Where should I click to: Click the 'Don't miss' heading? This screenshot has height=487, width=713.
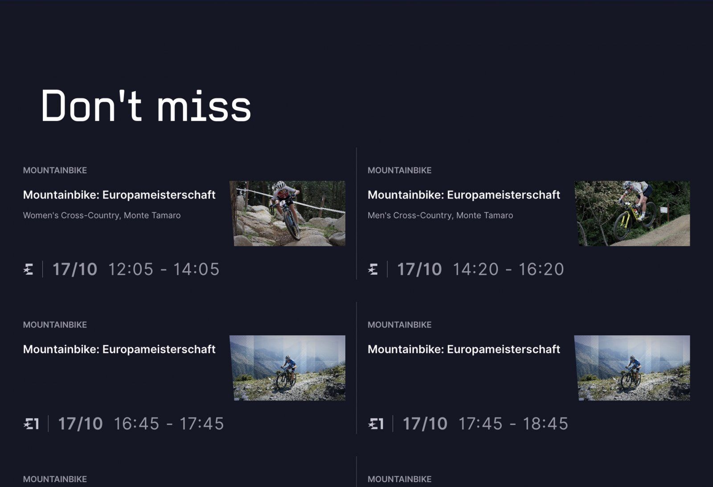click(146, 106)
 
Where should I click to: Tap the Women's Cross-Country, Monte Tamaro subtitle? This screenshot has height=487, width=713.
click(102, 216)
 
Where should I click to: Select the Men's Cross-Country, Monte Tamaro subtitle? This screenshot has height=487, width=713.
click(440, 216)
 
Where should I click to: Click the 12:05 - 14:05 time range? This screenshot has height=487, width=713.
click(164, 269)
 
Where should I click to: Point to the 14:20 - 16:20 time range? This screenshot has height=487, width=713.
click(508, 269)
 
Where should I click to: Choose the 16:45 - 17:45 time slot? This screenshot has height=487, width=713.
click(169, 424)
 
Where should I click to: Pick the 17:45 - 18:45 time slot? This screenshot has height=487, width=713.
click(513, 424)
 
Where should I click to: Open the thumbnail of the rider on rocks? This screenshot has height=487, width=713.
click(287, 214)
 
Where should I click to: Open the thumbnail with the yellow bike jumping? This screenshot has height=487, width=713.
click(632, 214)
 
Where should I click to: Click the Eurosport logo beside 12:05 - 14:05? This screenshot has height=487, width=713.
click(29, 269)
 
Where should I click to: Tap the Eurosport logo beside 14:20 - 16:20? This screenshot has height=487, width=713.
click(373, 269)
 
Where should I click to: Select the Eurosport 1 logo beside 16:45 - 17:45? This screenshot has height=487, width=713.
click(31, 424)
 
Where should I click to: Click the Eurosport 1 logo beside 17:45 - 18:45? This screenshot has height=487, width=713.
click(376, 424)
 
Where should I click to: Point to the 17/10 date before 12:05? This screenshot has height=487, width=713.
click(75, 269)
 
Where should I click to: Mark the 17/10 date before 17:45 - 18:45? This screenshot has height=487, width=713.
click(425, 424)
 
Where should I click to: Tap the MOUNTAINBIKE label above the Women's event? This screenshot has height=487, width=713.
click(55, 170)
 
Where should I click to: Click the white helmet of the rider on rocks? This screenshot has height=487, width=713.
click(281, 185)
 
